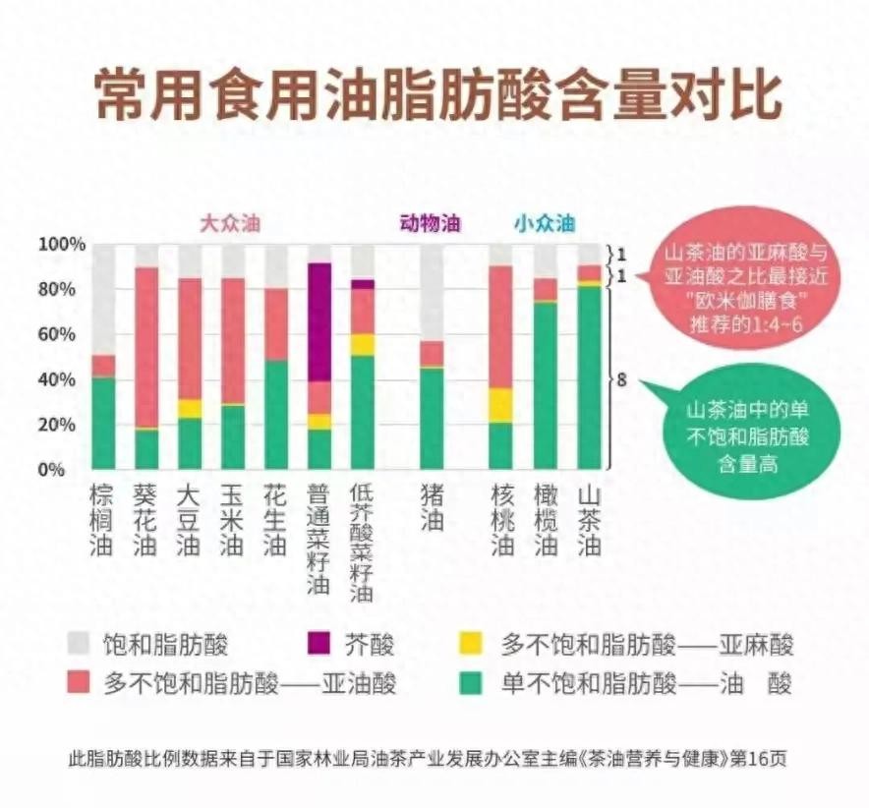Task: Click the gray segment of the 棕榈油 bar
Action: [103, 299]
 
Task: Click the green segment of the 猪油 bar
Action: [432, 419]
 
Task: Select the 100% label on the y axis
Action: [61, 244]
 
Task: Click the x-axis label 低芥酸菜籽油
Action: [362, 542]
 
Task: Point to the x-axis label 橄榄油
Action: [546, 520]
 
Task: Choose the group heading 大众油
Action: [230, 223]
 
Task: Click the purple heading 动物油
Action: [430, 223]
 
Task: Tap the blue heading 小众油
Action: [543, 223]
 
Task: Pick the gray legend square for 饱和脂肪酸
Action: [80, 644]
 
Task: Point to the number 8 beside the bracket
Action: [621, 376]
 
